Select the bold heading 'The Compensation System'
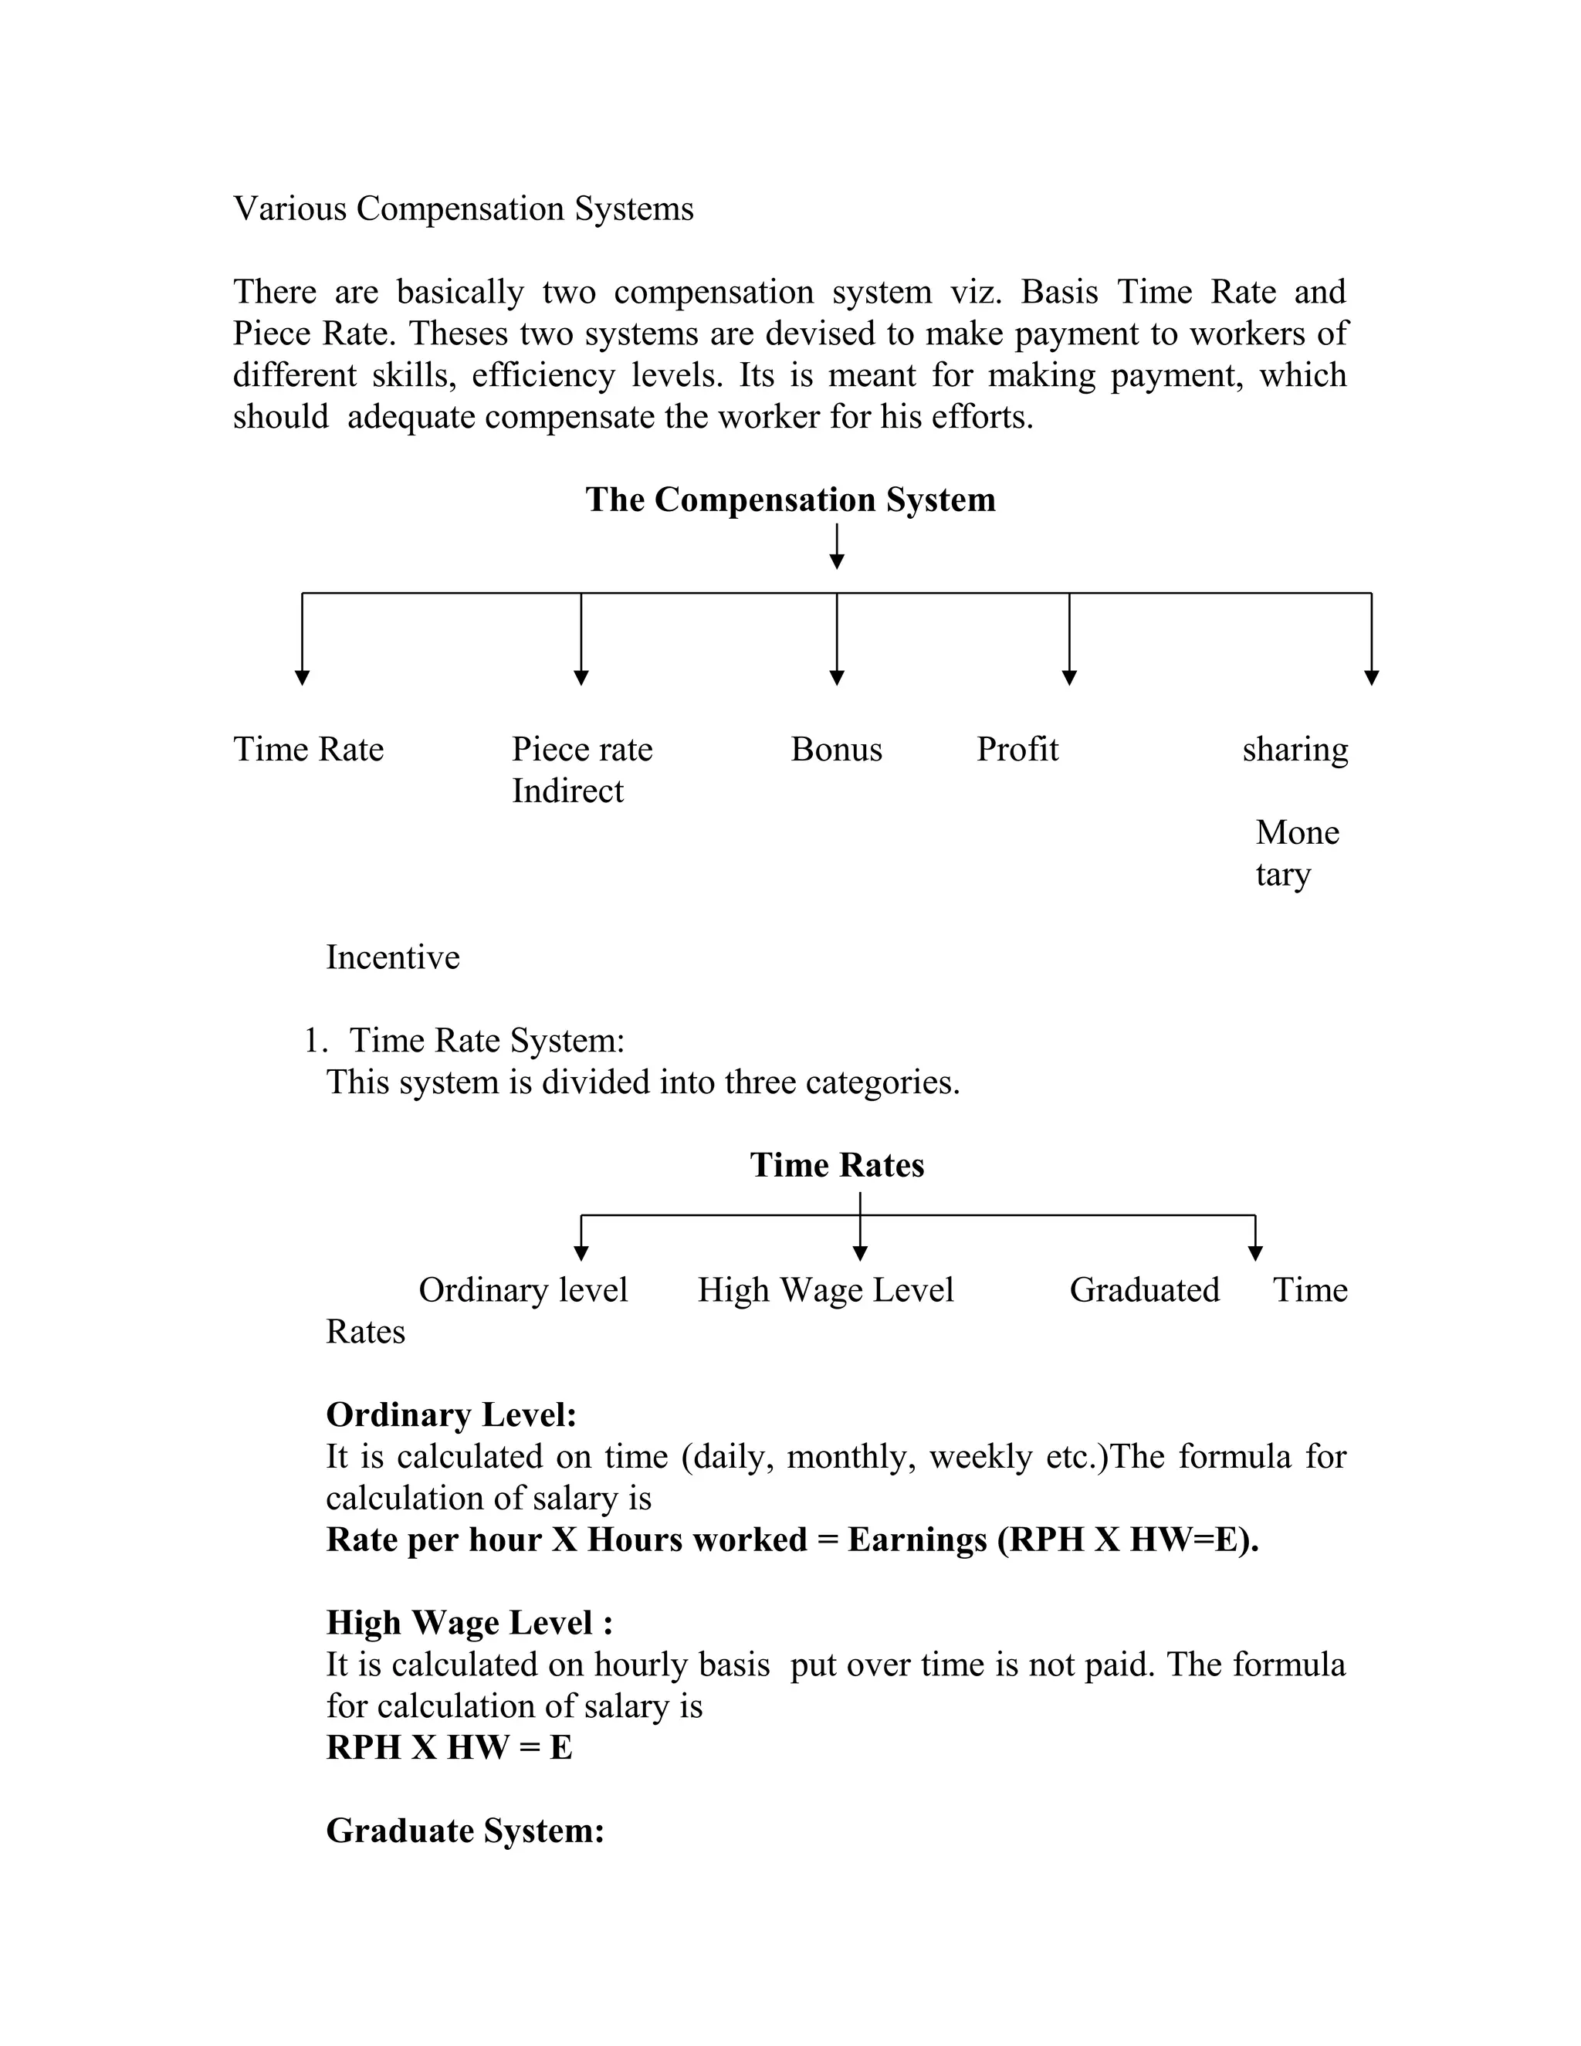click(790, 500)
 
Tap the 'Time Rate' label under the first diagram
click(308, 750)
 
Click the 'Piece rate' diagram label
click(581, 750)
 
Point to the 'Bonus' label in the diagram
click(835, 750)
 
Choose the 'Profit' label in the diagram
click(1017, 750)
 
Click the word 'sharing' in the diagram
click(1295, 750)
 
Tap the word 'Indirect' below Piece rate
click(567, 791)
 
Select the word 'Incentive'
click(392, 957)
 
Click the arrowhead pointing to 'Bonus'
click(836, 677)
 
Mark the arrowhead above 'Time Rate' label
click(302, 677)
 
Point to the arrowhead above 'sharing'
click(1371, 677)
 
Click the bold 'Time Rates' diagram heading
click(836, 1165)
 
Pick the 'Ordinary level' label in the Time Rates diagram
click(523, 1290)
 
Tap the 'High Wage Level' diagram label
click(825, 1290)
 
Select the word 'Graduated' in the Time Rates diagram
click(1143, 1290)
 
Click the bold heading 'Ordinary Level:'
click(451, 1414)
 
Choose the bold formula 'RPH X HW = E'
click(449, 1747)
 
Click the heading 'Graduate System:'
click(465, 1831)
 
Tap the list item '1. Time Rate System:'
click(465, 1041)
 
